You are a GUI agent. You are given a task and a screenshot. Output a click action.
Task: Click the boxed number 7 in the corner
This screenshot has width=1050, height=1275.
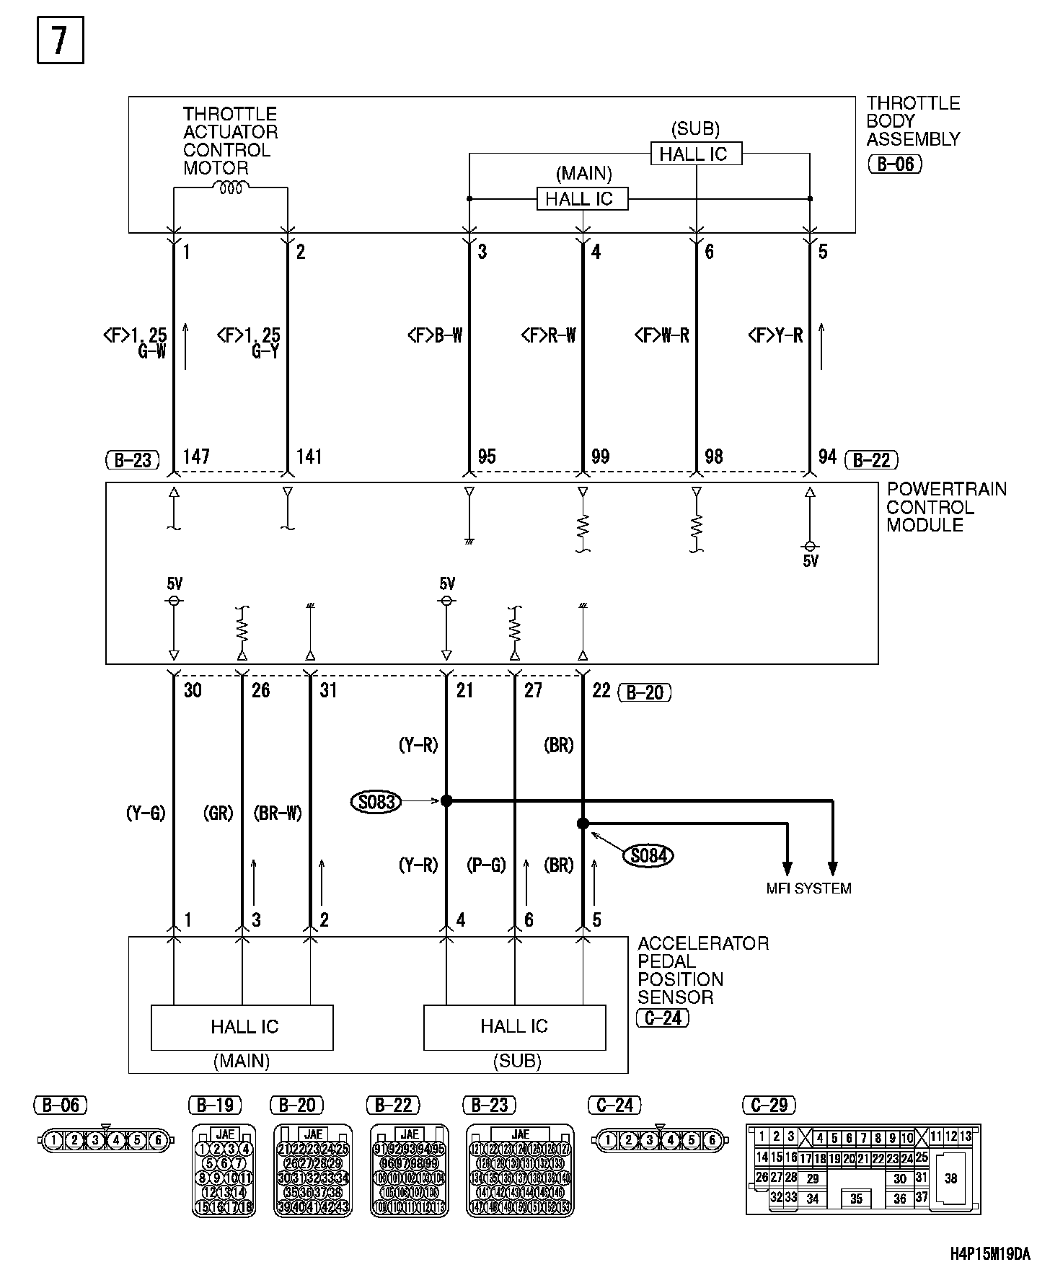60,40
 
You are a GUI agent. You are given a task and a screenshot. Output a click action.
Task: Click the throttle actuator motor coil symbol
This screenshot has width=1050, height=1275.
230,187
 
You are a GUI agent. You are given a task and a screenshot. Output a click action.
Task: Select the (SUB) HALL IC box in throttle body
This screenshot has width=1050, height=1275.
696,154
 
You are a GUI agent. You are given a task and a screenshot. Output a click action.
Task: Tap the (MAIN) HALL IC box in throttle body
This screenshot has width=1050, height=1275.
582,199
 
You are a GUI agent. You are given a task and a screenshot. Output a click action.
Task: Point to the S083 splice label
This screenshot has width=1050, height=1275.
376,800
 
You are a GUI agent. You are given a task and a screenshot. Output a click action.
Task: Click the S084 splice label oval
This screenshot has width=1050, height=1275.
648,855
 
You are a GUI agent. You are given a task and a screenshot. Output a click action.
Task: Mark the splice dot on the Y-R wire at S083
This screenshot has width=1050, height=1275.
446,800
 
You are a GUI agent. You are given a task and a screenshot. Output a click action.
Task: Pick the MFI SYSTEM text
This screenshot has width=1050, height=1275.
808,888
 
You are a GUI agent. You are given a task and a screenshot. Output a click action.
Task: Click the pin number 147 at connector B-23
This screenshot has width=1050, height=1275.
196,456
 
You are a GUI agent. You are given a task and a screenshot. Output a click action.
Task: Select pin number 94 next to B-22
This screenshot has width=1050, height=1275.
827,456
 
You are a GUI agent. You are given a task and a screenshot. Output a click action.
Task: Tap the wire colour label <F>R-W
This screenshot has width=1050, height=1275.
548,335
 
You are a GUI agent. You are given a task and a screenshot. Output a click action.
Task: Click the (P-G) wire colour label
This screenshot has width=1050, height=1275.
486,865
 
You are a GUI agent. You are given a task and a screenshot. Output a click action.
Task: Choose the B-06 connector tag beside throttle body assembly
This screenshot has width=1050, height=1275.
895,164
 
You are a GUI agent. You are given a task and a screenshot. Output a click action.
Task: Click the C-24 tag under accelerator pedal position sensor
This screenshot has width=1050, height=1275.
663,1018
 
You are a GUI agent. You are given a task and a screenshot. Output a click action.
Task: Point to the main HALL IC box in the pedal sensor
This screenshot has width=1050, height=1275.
242,1027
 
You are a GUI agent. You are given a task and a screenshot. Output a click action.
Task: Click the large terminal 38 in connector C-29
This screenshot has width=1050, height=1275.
950,1178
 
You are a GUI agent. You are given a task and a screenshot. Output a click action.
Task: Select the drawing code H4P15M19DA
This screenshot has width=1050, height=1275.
989,1254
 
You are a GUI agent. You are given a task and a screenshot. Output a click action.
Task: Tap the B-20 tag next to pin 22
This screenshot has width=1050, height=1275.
645,692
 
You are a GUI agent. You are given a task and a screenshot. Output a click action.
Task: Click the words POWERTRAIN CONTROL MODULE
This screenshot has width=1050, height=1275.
945,507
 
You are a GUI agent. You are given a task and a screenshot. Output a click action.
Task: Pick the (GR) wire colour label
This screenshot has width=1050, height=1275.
218,813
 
